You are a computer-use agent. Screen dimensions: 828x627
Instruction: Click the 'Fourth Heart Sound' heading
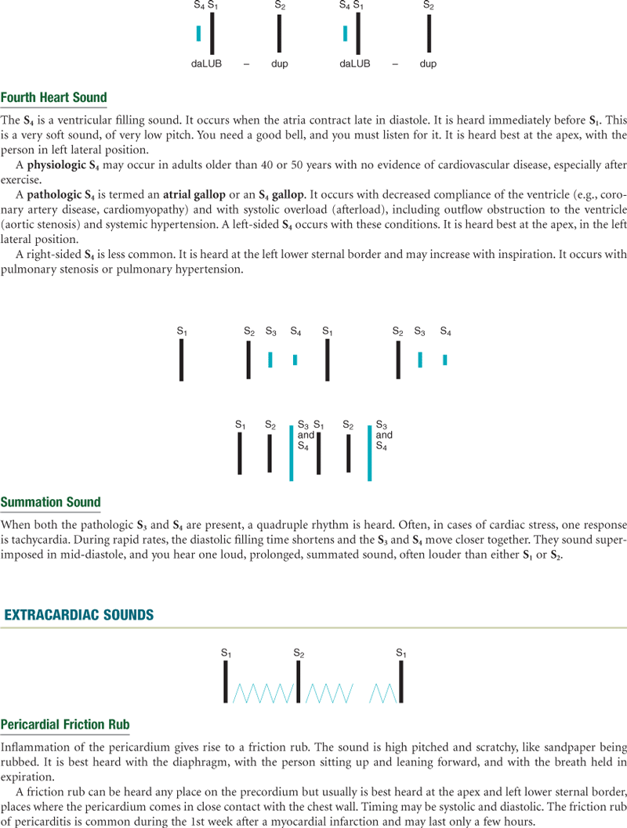(53, 98)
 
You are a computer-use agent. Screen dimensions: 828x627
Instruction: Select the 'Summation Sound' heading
(51, 502)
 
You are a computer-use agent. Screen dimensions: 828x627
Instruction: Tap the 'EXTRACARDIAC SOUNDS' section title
(79, 615)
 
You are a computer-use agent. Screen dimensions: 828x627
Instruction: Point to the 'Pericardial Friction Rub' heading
(65, 724)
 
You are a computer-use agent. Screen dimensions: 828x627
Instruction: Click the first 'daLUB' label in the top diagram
(207, 63)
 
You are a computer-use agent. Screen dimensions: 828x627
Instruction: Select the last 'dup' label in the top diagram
(428, 63)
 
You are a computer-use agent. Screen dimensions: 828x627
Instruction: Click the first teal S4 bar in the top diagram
(199, 34)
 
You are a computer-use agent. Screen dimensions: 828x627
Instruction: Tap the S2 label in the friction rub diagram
(299, 653)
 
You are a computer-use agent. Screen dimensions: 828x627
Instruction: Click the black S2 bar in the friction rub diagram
(298, 682)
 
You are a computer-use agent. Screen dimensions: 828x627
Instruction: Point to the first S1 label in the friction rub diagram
(226, 653)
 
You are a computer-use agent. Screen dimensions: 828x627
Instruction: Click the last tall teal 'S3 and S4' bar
(369, 453)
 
